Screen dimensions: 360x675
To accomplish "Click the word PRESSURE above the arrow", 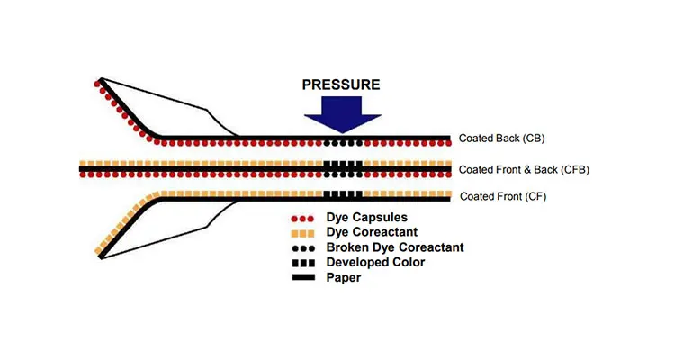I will point(342,85).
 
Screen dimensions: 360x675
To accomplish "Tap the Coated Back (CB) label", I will point(502,139).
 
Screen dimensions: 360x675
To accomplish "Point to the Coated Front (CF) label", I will point(502,196).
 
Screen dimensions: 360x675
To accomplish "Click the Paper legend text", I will point(344,277).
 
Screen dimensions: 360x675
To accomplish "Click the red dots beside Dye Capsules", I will point(300,218).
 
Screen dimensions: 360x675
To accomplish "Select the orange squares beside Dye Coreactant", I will point(300,232).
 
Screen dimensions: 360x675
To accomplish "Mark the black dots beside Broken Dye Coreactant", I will point(300,247).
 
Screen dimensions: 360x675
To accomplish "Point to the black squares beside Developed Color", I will point(300,262).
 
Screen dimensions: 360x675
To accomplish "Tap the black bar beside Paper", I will point(300,277).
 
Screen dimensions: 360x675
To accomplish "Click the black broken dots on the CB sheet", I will point(343,143).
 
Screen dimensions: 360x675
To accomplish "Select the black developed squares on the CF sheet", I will point(343,194).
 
